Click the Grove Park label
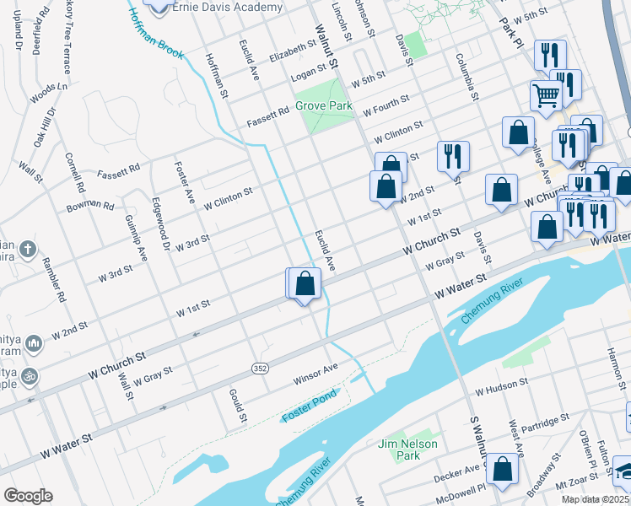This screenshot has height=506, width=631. tap(323, 106)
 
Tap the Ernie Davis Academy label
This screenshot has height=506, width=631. tap(227, 8)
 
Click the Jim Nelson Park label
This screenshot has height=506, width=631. tap(396, 449)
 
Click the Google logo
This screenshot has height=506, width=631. tap(28, 496)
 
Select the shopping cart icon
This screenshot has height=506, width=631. tap(546, 95)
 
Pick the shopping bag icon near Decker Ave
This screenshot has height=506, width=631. tap(502, 471)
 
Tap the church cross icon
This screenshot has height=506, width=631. tap(28, 250)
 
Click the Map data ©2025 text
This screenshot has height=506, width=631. tap(595, 499)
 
